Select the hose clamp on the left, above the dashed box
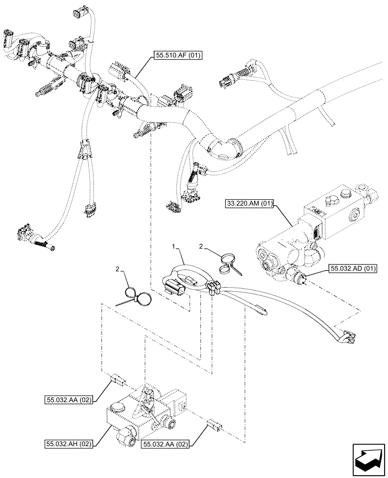click(x=136, y=297)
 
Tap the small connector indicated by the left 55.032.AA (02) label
click(x=117, y=380)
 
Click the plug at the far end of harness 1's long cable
click(x=347, y=338)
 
